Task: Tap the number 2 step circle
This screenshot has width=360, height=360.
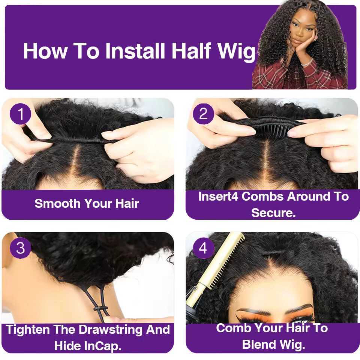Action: (x=203, y=114)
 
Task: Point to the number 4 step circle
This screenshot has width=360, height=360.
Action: (x=203, y=248)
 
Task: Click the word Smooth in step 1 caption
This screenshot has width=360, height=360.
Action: (x=57, y=203)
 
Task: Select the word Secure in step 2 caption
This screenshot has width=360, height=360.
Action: (x=273, y=213)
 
